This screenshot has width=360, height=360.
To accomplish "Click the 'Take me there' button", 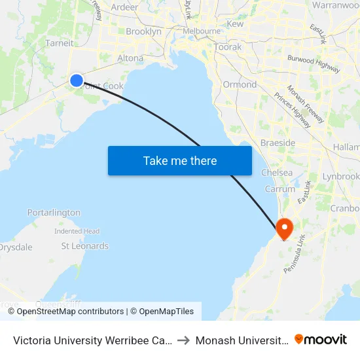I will coord(179,160).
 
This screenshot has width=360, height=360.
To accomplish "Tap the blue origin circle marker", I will coord(77,81).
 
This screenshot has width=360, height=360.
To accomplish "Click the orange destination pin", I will coord(285,228).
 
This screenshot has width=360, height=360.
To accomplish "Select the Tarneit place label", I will coord(59,43).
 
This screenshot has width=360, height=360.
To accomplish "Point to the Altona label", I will coord(130,58).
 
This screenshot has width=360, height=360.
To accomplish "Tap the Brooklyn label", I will coord(143,31).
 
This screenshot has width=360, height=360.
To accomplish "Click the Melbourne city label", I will coord(202,31).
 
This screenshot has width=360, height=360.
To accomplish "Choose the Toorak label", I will coord(228,47).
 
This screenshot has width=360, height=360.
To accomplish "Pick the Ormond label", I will coord(240,84).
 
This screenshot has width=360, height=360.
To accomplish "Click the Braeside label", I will coord(278,143).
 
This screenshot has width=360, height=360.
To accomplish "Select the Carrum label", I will coord(280,189).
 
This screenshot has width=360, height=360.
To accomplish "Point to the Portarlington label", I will coord(54,213).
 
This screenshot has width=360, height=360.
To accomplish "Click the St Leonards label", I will coord(85,246).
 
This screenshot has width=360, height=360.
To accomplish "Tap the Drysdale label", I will coord(16,247).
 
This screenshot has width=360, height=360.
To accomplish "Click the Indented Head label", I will coord(77,231).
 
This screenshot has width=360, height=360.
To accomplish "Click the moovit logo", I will coord(321,339).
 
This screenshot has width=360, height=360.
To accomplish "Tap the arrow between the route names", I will coord(183,340).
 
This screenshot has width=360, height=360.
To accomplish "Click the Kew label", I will coord(235,24).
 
